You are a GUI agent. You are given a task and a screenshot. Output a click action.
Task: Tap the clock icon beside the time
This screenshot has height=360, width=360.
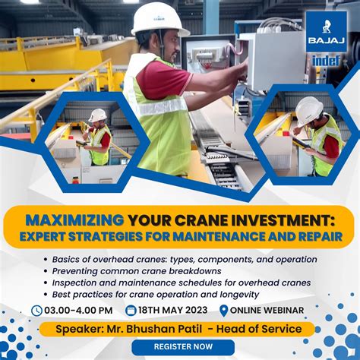[37, 310]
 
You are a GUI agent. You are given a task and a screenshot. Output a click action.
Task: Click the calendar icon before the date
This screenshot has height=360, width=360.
[131, 310]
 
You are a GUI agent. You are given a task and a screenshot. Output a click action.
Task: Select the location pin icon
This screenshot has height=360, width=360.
[223, 310]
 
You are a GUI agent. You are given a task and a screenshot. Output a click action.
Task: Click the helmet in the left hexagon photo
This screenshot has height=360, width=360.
[97, 115]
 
